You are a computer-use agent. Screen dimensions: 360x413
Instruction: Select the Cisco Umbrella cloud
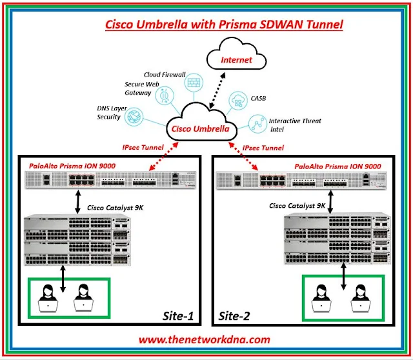(x=199, y=128)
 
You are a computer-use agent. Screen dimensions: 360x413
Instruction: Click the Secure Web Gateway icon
(x=164, y=99)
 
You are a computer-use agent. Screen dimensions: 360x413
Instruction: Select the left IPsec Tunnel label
(x=142, y=148)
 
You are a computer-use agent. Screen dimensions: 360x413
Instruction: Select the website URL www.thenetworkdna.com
(x=206, y=339)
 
